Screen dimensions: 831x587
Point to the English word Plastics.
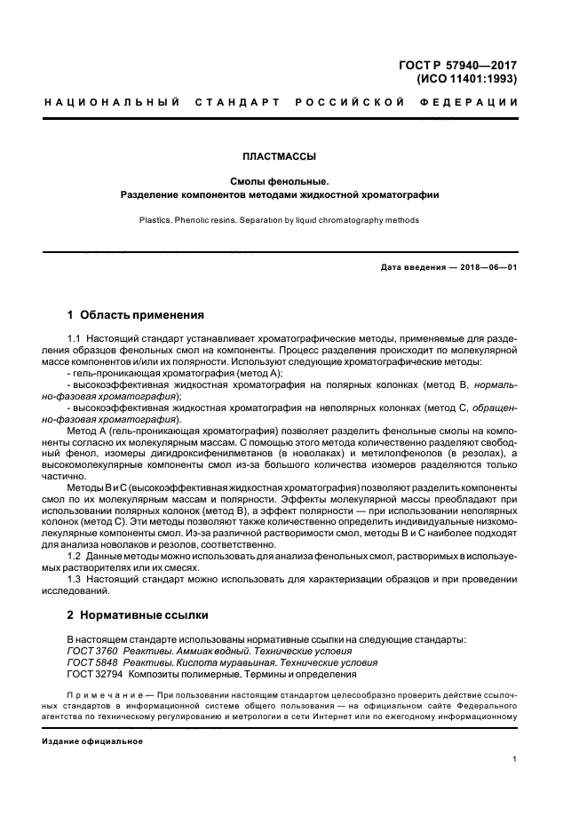pyautogui.click(x=156, y=220)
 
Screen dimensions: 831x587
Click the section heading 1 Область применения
pyautogui.click(x=136, y=314)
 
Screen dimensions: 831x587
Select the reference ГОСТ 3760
pyautogui.click(x=91, y=651)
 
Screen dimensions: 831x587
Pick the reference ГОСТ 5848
pyautogui.click(x=91, y=662)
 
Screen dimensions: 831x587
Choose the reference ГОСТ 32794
pyautogui.click(x=94, y=674)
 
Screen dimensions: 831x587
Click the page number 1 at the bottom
pyautogui.click(x=515, y=759)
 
